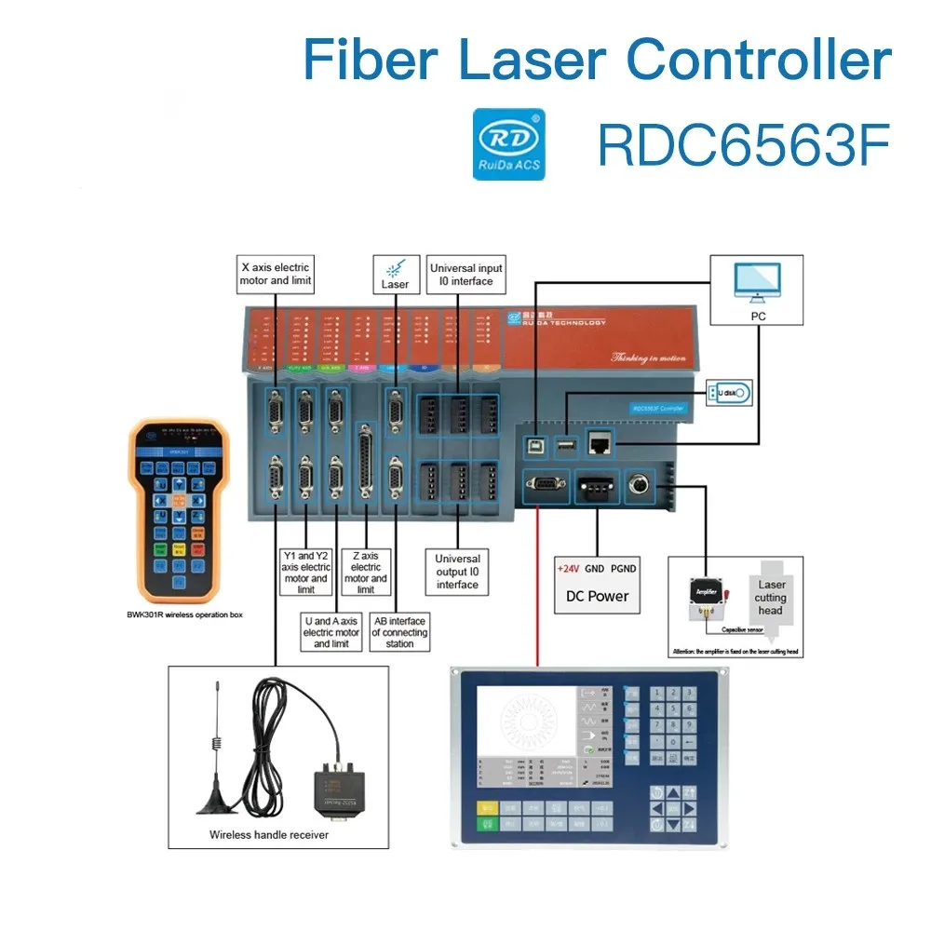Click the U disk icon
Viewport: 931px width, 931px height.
point(727,393)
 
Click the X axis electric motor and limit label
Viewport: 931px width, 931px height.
point(275,274)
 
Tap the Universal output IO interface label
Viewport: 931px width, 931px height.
point(457,572)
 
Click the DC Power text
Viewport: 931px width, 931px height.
point(597,596)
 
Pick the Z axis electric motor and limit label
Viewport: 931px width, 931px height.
point(366,573)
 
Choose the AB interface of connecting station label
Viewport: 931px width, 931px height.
point(399,632)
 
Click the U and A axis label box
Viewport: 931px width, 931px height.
point(331,632)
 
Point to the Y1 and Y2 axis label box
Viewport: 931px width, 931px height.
point(305,572)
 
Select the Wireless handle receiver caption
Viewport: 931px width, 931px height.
point(269,834)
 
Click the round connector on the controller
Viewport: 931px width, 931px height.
point(641,484)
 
